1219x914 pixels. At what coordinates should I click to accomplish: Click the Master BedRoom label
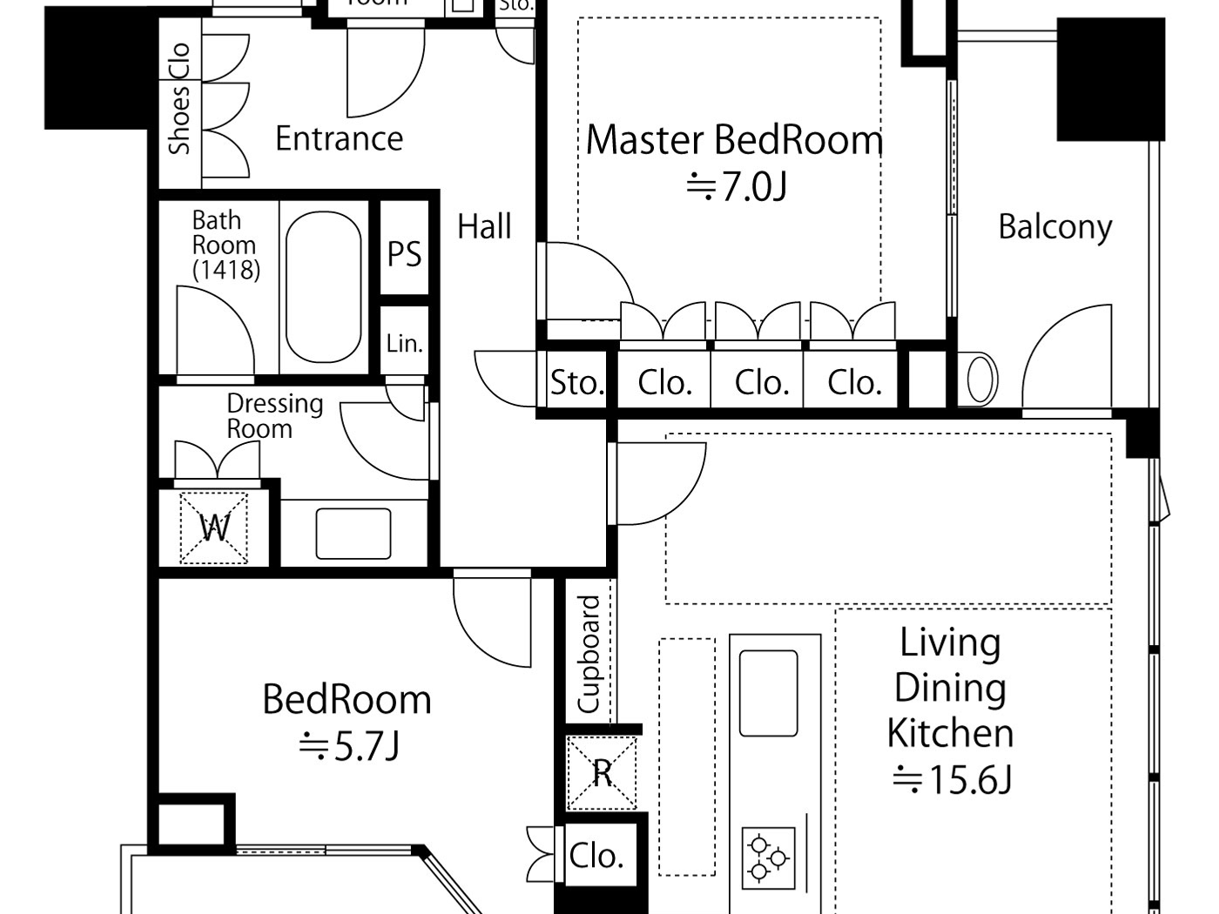click(x=734, y=140)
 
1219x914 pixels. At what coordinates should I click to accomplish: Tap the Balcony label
click(x=1054, y=227)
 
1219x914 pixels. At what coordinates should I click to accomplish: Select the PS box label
click(x=404, y=254)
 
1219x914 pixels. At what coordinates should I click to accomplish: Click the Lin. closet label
click(x=404, y=343)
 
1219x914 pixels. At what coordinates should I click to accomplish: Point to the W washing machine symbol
click(x=214, y=528)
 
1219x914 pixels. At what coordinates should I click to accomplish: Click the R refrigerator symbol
click(x=602, y=772)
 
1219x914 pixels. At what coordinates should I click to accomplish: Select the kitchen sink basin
click(x=768, y=693)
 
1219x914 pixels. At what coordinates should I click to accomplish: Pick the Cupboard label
click(x=589, y=654)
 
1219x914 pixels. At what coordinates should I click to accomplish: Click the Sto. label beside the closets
click(x=576, y=382)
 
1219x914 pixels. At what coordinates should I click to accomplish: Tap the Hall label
click(x=484, y=227)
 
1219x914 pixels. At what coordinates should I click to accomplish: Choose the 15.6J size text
click(x=952, y=779)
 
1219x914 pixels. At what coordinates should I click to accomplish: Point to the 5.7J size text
click(x=348, y=746)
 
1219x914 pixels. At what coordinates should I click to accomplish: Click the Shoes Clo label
click(x=179, y=98)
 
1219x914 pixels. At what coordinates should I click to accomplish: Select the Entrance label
click(x=339, y=138)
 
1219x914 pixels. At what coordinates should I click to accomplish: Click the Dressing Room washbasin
click(x=353, y=534)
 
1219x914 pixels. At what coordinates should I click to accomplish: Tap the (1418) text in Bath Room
click(x=226, y=270)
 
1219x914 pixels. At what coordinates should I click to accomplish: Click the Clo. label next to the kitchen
click(x=596, y=856)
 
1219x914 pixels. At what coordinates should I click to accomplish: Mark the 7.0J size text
click(x=737, y=186)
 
